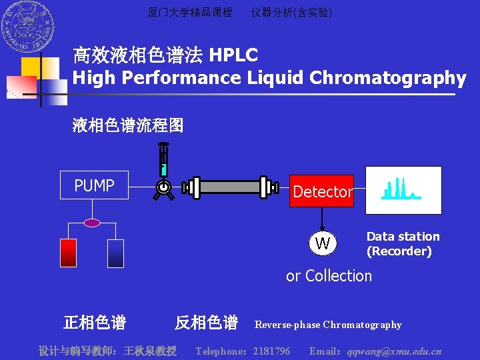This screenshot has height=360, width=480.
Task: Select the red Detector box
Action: pyautogui.click(x=321, y=191)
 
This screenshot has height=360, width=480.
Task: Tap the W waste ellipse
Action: pyautogui.click(x=323, y=243)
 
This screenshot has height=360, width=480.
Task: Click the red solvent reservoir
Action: pyautogui.click(x=69, y=253)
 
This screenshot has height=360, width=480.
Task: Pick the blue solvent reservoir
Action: pyautogui.click(x=116, y=253)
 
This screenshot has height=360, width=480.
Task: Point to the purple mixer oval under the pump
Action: pyautogui.click(x=92, y=223)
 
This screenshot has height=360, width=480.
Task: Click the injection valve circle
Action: pyautogui.click(x=163, y=189)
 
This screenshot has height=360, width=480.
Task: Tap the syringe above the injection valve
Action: pyautogui.click(x=163, y=160)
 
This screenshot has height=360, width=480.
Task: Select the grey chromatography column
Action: pyautogui.click(x=230, y=187)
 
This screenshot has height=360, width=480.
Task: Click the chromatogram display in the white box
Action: pyautogui.click(x=403, y=190)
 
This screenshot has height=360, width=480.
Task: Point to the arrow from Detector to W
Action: pyautogui.click(x=323, y=219)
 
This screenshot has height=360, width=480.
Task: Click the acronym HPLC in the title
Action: pyautogui.click(x=233, y=55)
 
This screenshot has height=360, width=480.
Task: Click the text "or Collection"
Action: pyautogui.click(x=329, y=275)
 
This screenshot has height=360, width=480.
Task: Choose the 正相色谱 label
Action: pyautogui.click(x=94, y=323)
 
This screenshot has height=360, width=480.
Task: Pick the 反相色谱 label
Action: pyautogui.click(x=206, y=323)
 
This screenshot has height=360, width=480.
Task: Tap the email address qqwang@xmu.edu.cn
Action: pyautogui.click(x=394, y=351)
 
